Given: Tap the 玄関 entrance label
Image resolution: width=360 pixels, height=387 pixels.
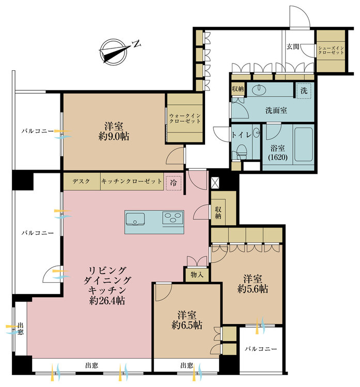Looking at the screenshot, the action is click(293, 46).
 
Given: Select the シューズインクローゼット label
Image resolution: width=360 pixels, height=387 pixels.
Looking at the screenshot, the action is click(331, 50).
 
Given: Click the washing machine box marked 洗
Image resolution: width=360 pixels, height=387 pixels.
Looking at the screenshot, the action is click(304, 91).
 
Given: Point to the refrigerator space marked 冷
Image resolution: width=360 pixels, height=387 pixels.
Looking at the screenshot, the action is click(174, 183).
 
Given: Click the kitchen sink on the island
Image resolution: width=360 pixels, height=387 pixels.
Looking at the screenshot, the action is click(135, 219).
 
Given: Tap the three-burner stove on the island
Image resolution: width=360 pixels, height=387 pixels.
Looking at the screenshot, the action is click(173, 218).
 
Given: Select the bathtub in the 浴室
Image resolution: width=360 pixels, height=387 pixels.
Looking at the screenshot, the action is click(303, 144).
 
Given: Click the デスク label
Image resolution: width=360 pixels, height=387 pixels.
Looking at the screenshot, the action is click(81, 181).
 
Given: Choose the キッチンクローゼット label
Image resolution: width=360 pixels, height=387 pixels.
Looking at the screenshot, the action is click(132, 181).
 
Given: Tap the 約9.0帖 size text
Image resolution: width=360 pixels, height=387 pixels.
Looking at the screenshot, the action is click(114, 137).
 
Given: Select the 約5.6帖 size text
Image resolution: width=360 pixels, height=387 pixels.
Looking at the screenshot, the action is click(253, 289).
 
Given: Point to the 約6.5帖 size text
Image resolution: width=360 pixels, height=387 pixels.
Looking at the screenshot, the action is click(187, 325).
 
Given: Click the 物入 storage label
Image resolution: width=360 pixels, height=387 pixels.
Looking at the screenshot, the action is click(197, 275).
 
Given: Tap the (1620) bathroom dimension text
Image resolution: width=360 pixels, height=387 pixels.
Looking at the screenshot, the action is click(278, 157).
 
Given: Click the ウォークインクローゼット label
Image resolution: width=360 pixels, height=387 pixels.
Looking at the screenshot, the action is click(185, 119).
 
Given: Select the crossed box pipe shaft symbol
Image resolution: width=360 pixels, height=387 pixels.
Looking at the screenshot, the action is click(215, 183).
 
